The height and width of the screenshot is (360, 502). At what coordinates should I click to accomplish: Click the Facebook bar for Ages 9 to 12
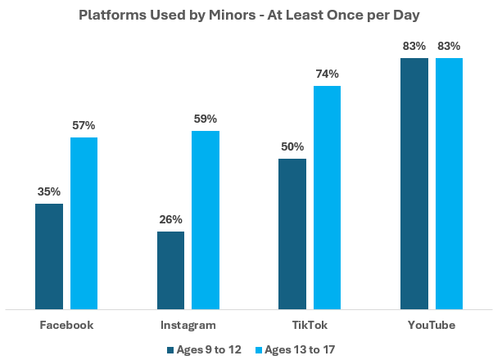point(49,256)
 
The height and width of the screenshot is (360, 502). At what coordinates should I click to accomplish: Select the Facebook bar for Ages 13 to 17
point(84,223)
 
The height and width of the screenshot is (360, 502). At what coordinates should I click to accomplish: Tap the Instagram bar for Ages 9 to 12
point(170,270)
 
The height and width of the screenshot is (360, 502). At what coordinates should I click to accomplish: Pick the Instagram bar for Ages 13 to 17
point(205,219)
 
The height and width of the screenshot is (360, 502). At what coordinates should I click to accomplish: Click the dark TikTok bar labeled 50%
point(292,233)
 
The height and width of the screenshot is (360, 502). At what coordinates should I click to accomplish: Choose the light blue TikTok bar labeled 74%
point(327,197)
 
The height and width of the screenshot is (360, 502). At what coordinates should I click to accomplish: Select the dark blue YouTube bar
point(414,183)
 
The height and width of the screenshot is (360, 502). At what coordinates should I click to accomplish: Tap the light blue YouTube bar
point(449,183)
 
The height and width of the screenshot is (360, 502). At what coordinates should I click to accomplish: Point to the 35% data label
point(49,192)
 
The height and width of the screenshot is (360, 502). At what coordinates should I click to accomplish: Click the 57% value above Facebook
point(84,125)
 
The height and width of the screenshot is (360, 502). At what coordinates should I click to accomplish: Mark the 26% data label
point(170,219)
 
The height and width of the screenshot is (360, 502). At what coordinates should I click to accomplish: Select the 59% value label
point(205,119)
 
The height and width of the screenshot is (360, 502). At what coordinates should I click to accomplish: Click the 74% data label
point(327,74)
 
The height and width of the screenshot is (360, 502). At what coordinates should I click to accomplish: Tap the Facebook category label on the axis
point(66,325)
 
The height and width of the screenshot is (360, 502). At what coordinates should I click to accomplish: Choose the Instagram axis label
point(188,325)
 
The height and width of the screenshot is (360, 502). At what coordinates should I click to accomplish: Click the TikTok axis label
point(310,325)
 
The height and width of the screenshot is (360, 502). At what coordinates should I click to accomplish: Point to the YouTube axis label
point(432,325)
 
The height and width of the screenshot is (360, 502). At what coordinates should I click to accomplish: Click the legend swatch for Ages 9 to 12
point(170,349)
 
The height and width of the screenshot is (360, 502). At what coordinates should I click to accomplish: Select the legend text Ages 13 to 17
point(301,349)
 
